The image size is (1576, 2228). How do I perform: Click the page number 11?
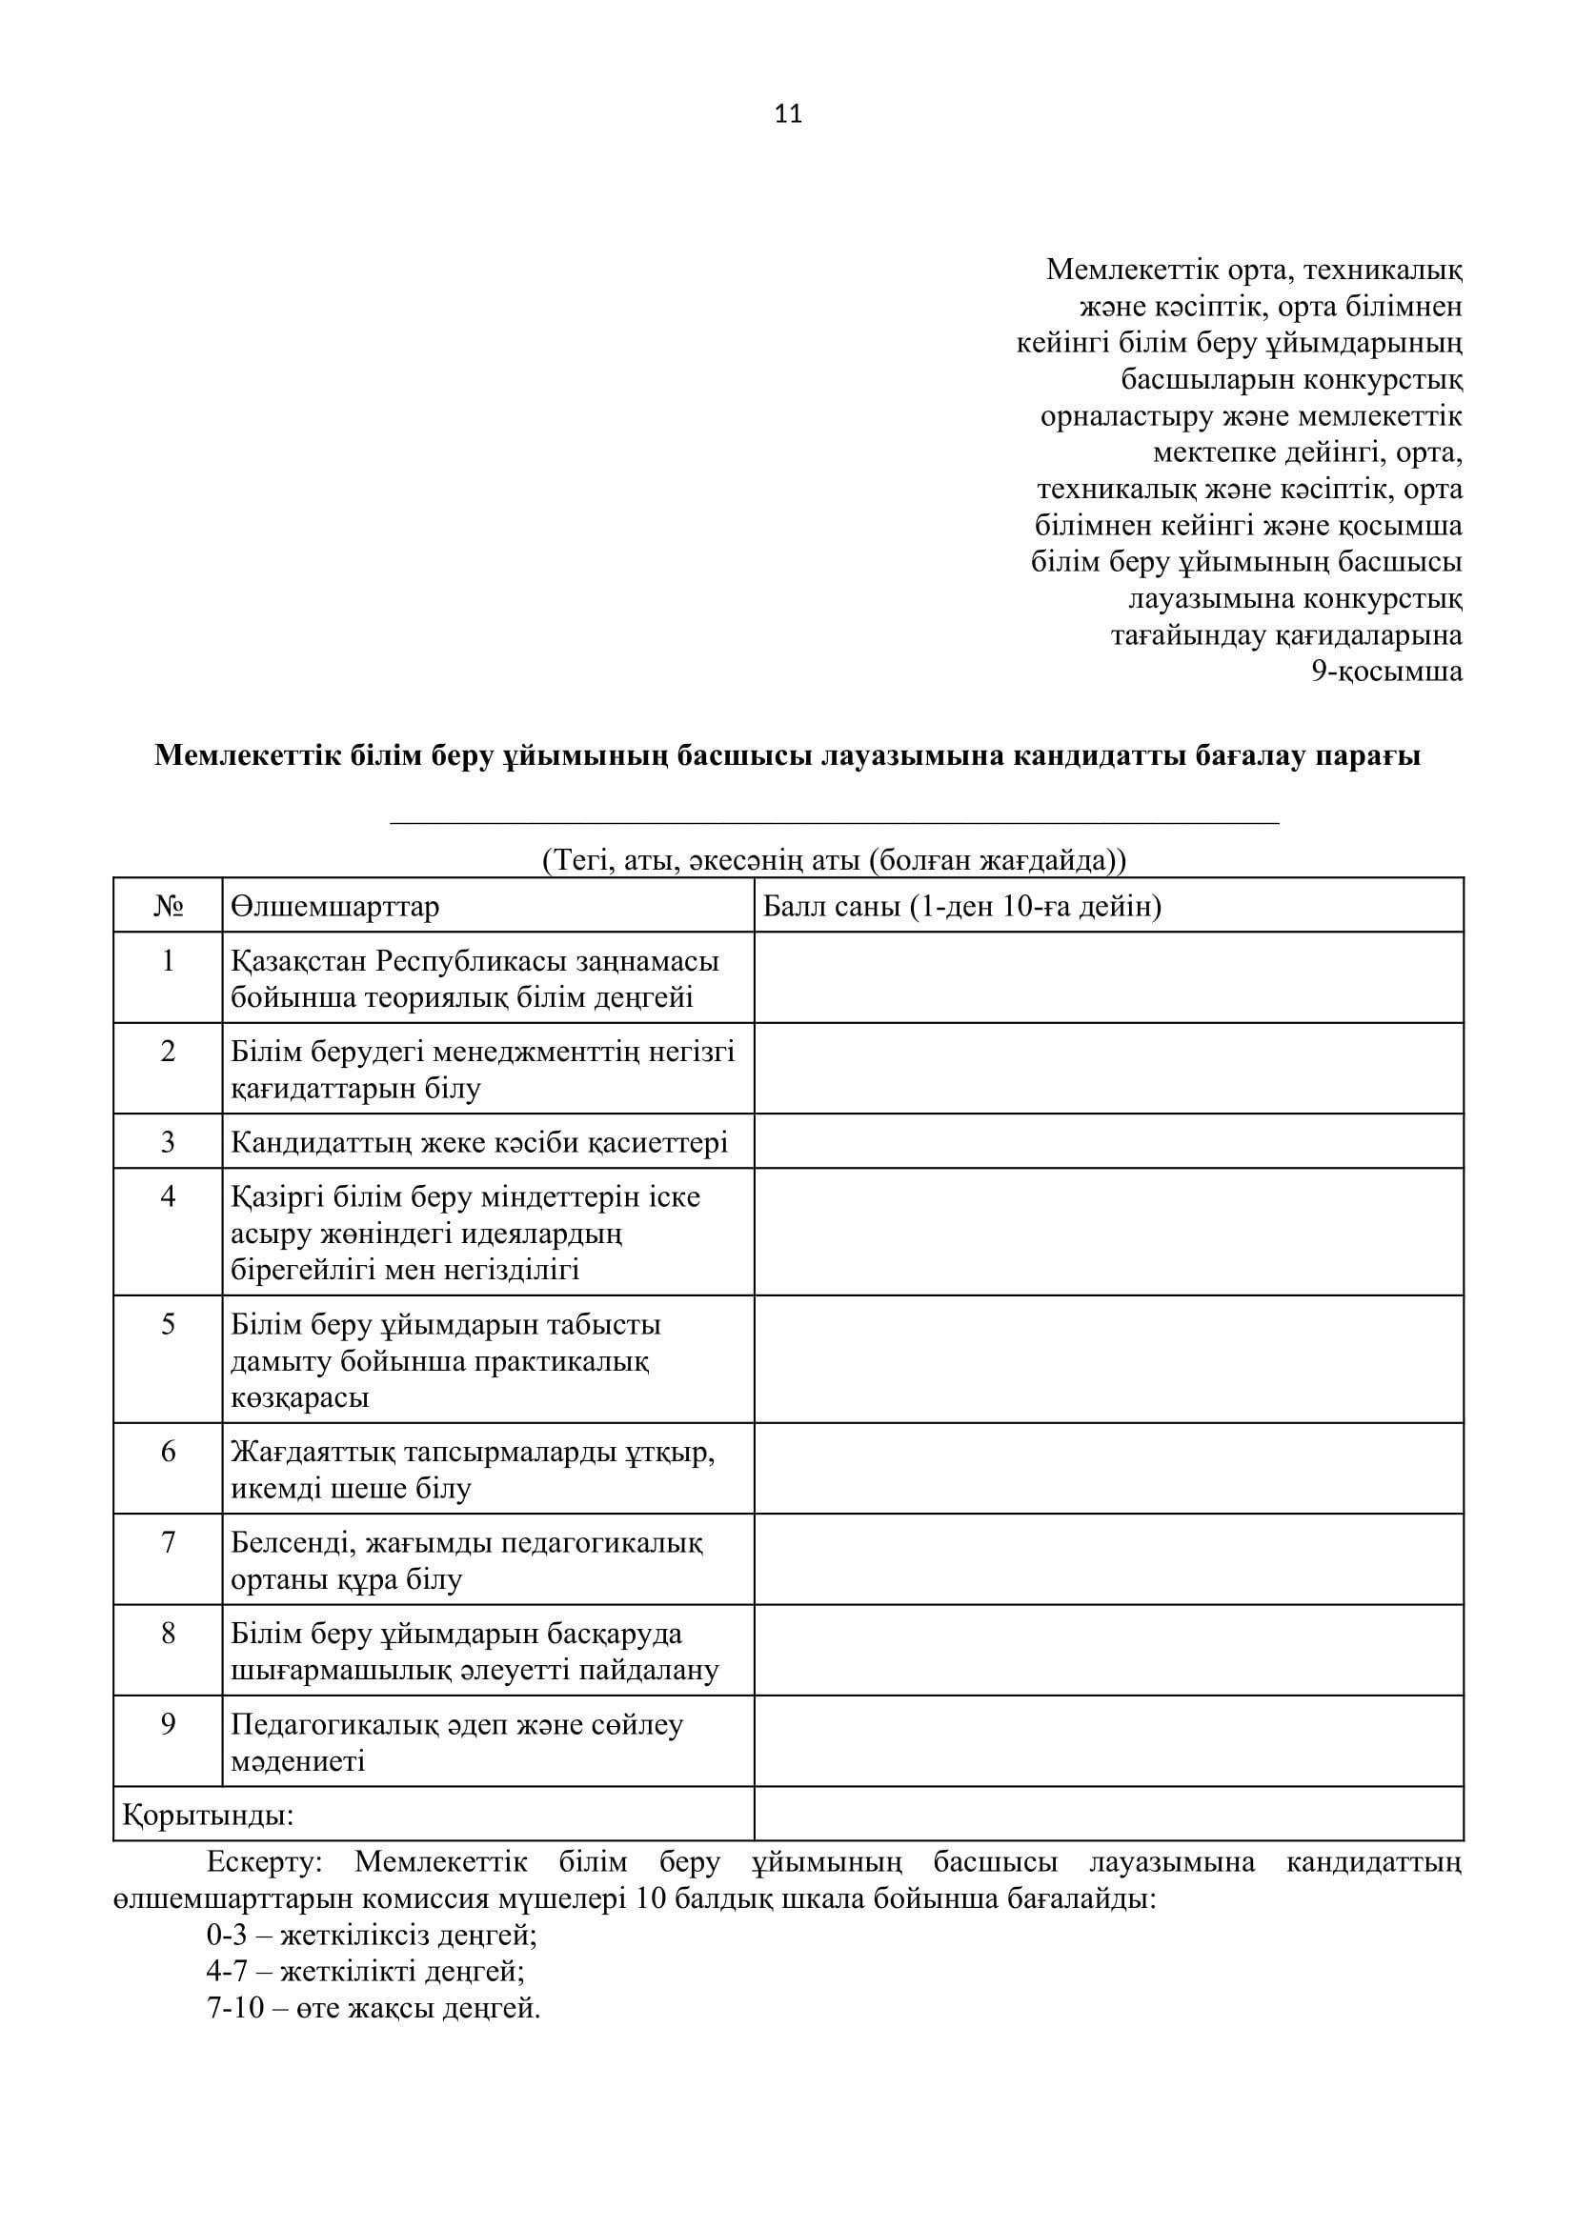[x=788, y=114]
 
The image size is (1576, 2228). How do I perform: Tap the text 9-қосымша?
[x=1386, y=672]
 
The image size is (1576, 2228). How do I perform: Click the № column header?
[x=168, y=905]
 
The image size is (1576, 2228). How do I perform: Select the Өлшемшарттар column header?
[x=334, y=905]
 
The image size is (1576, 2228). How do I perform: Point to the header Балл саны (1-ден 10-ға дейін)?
[x=961, y=905]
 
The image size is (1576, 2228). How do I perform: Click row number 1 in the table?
[x=168, y=961]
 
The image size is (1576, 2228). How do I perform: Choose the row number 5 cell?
[x=168, y=1324]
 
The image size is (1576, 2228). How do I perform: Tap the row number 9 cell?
[x=168, y=1723]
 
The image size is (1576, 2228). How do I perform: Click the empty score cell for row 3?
[x=1108, y=1141]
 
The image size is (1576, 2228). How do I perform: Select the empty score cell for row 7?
[x=1108, y=1558]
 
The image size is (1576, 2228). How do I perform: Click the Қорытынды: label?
[x=208, y=1815]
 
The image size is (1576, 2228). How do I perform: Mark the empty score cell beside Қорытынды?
[x=1108, y=1815]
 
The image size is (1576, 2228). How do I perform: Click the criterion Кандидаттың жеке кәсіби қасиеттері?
[x=479, y=1142]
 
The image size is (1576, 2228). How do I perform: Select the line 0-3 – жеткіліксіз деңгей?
[x=372, y=1935]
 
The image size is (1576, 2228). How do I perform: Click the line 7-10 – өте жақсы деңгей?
[x=374, y=2008]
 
